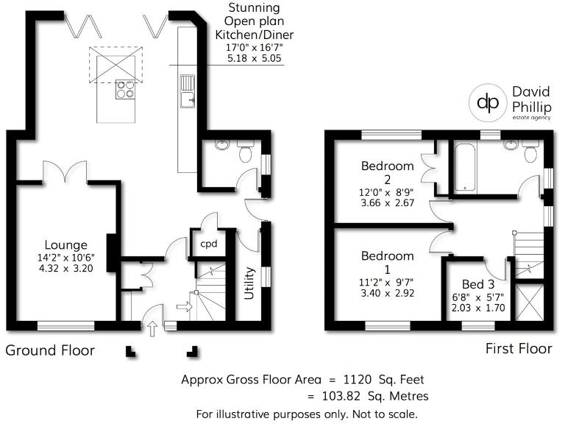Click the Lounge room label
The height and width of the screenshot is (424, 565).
tap(65, 245)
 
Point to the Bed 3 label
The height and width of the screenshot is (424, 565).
tap(477, 284)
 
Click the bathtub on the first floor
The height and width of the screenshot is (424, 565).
tap(466, 167)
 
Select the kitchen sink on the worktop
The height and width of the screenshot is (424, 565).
tap(187, 90)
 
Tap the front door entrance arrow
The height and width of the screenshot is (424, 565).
tap(153, 328)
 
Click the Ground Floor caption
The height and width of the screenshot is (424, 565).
tap(50, 350)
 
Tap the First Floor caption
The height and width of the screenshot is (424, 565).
tap(519, 348)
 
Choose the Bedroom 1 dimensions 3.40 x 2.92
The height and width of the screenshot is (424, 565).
tap(387, 292)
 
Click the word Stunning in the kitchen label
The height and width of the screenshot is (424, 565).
tap(243, 9)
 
